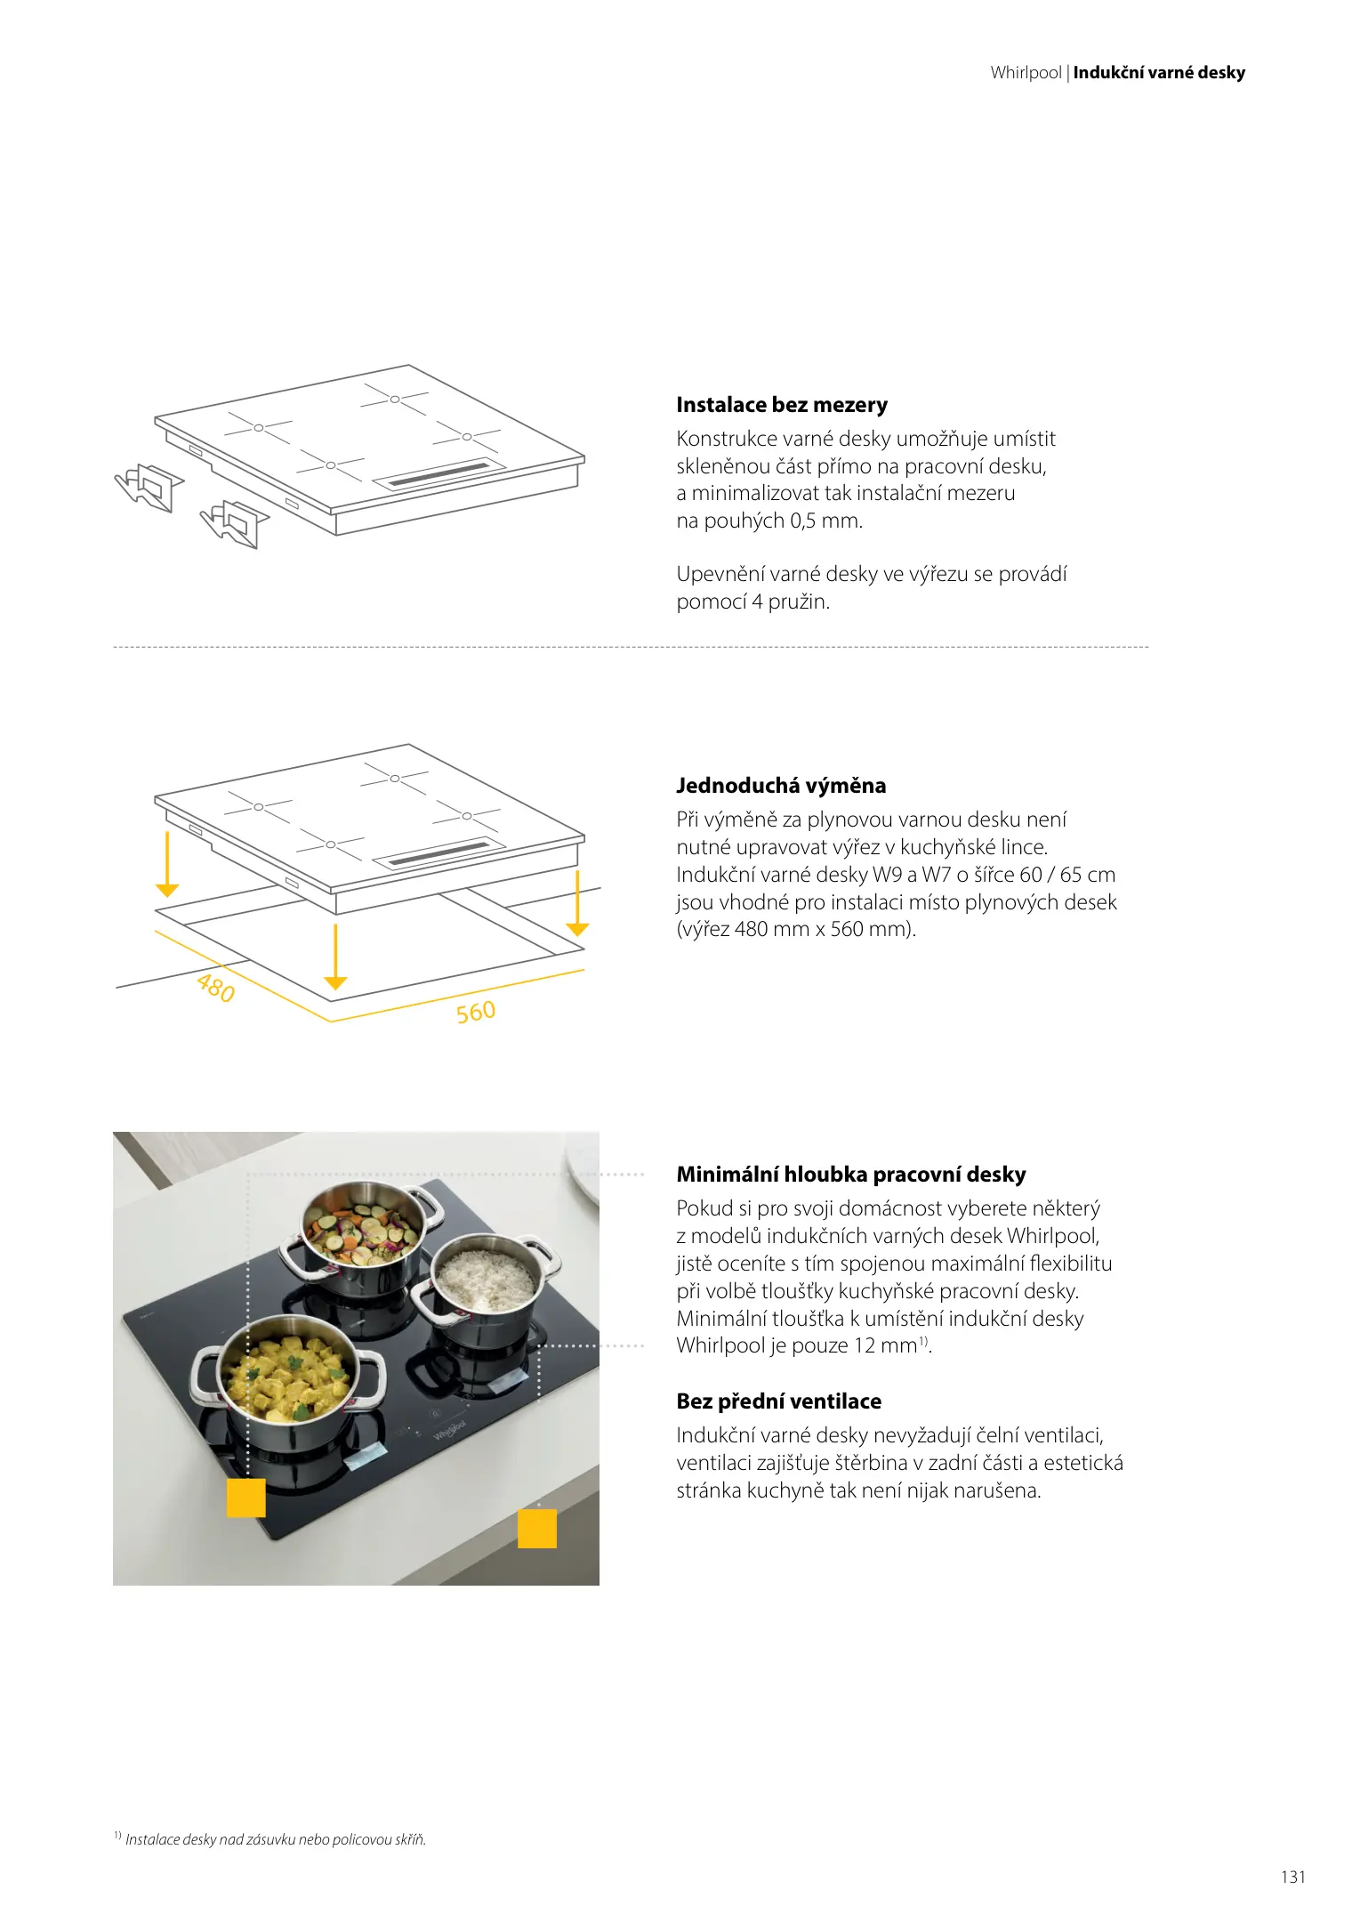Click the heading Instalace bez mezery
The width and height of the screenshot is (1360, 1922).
(x=782, y=405)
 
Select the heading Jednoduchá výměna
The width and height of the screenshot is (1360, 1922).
(x=781, y=785)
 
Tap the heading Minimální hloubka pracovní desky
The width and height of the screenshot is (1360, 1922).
(x=851, y=1175)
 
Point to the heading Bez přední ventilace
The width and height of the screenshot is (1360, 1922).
(x=779, y=1401)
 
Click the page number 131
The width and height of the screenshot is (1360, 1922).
(x=1293, y=1877)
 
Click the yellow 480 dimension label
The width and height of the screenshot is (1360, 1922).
(x=216, y=987)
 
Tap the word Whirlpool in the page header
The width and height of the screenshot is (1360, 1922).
(x=1026, y=73)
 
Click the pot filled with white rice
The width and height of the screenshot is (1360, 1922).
(x=485, y=1282)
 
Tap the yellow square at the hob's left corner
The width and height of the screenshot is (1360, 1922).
(x=246, y=1497)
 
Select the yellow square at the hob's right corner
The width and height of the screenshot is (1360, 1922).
(x=537, y=1528)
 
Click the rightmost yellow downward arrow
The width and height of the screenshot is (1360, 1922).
(x=578, y=902)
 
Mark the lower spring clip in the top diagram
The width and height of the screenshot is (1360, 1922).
(x=234, y=524)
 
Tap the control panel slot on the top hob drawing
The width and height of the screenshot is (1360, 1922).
(x=439, y=475)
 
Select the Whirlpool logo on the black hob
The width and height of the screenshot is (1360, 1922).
(x=450, y=1430)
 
